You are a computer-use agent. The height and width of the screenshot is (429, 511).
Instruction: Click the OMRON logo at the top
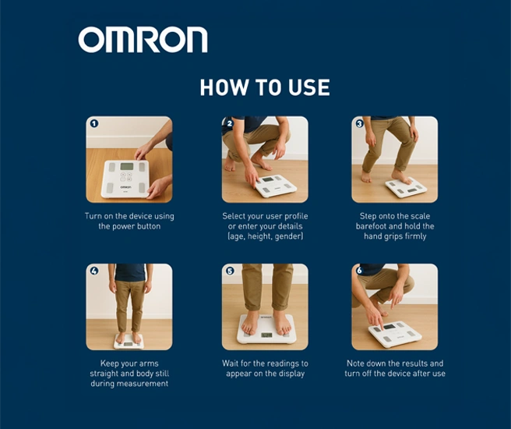pyautogui.click(x=143, y=40)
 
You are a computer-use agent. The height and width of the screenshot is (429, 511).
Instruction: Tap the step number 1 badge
pyautogui.click(x=94, y=124)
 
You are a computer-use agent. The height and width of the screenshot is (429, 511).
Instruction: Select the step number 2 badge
pyautogui.click(x=230, y=124)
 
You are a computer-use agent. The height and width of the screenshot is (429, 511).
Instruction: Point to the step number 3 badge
pyautogui.click(x=359, y=124)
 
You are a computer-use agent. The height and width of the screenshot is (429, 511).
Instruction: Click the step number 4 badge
pyautogui.click(x=94, y=271)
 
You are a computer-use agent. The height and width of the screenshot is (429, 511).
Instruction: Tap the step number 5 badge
pyautogui.click(x=230, y=271)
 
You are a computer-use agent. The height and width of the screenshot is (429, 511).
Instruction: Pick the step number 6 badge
pyautogui.click(x=359, y=271)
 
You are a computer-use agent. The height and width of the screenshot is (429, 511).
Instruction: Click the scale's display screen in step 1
pyautogui.click(x=127, y=166)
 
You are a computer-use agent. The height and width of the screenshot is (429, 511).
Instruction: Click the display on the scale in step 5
pyautogui.click(x=266, y=335)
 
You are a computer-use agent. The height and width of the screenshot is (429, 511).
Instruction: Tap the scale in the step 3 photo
pyautogui.click(x=406, y=187)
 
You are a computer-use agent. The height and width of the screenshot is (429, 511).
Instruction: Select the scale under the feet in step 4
pyautogui.click(x=129, y=342)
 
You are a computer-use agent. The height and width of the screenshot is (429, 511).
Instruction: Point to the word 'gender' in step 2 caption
pyautogui.click(x=289, y=236)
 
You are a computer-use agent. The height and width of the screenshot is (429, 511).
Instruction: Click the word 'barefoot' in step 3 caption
pyautogui.click(x=372, y=226)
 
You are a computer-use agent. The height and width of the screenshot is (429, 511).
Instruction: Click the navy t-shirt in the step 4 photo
pyautogui.click(x=130, y=272)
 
